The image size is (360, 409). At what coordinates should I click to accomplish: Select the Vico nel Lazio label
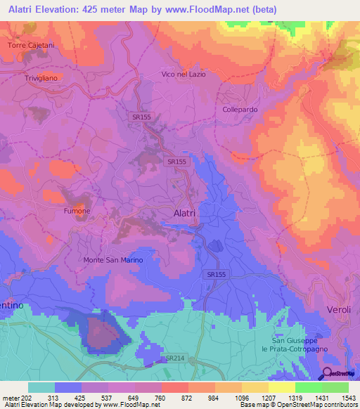pyautogui.click(x=184, y=74)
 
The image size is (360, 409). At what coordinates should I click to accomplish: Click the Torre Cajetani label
pyautogui.click(x=31, y=45)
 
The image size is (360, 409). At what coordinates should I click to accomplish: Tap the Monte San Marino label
pyautogui.click(x=113, y=260)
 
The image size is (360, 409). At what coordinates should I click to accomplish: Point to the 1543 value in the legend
pyautogui.click(x=348, y=398)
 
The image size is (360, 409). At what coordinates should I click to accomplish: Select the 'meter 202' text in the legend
pyautogui.click(x=16, y=398)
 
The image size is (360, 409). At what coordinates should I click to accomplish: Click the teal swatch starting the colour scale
pyautogui.click(x=41, y=387)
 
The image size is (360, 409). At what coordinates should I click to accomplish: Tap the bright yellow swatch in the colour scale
pyautogui.click(x=281, y=387)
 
